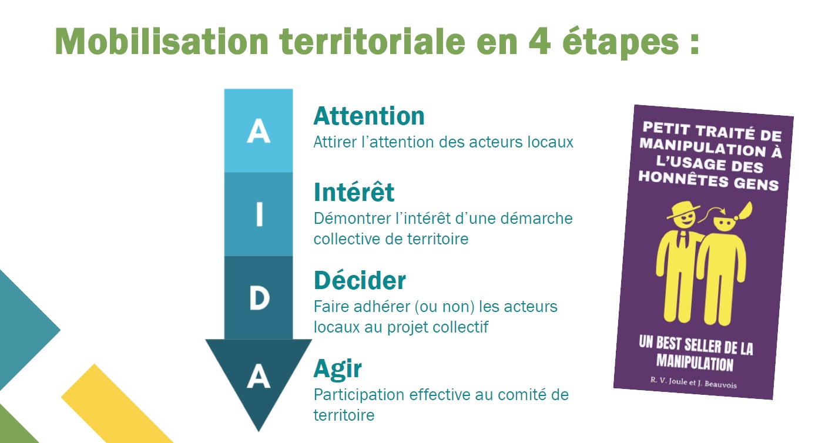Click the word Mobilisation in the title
coord(162,41)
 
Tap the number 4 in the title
coord(539,42)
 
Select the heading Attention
coord(369,116)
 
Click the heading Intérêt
coord(354,192)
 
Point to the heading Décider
coord(360,280)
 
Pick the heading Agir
coord(338,369)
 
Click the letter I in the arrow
coord(259,214)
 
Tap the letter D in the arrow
coord(259,298)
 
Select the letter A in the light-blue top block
coord(259,131)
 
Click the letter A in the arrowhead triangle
coord(259,377)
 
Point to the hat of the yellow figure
coord(683,210)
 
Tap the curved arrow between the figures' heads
coord(712,213)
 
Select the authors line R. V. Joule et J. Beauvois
coord(693,382)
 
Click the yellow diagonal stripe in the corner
coord(116,404)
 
